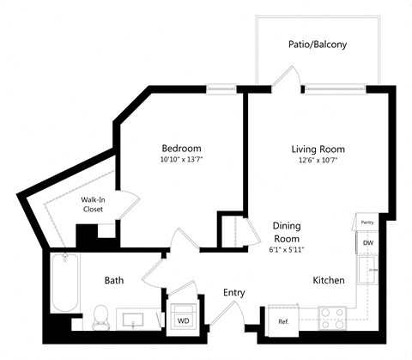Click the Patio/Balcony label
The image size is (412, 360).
[x=318, y=44]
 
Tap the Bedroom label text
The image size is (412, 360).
[x=181, y=147]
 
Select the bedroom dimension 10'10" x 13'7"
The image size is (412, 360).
[x=181, y=159]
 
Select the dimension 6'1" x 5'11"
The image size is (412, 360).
[x=288, y=249]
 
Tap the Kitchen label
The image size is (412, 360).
[x=328, y=280]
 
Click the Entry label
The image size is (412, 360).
[x=233, y=293]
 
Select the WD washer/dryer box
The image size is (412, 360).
[x=184, y=320]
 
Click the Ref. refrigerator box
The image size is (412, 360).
[x=283, y=321]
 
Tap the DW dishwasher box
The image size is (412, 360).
[x=367, y=243]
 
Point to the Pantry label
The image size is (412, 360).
[x=367, y=222]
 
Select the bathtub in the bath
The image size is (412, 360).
[x=63, y=284]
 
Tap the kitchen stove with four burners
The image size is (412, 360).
[x=332, y=320]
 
